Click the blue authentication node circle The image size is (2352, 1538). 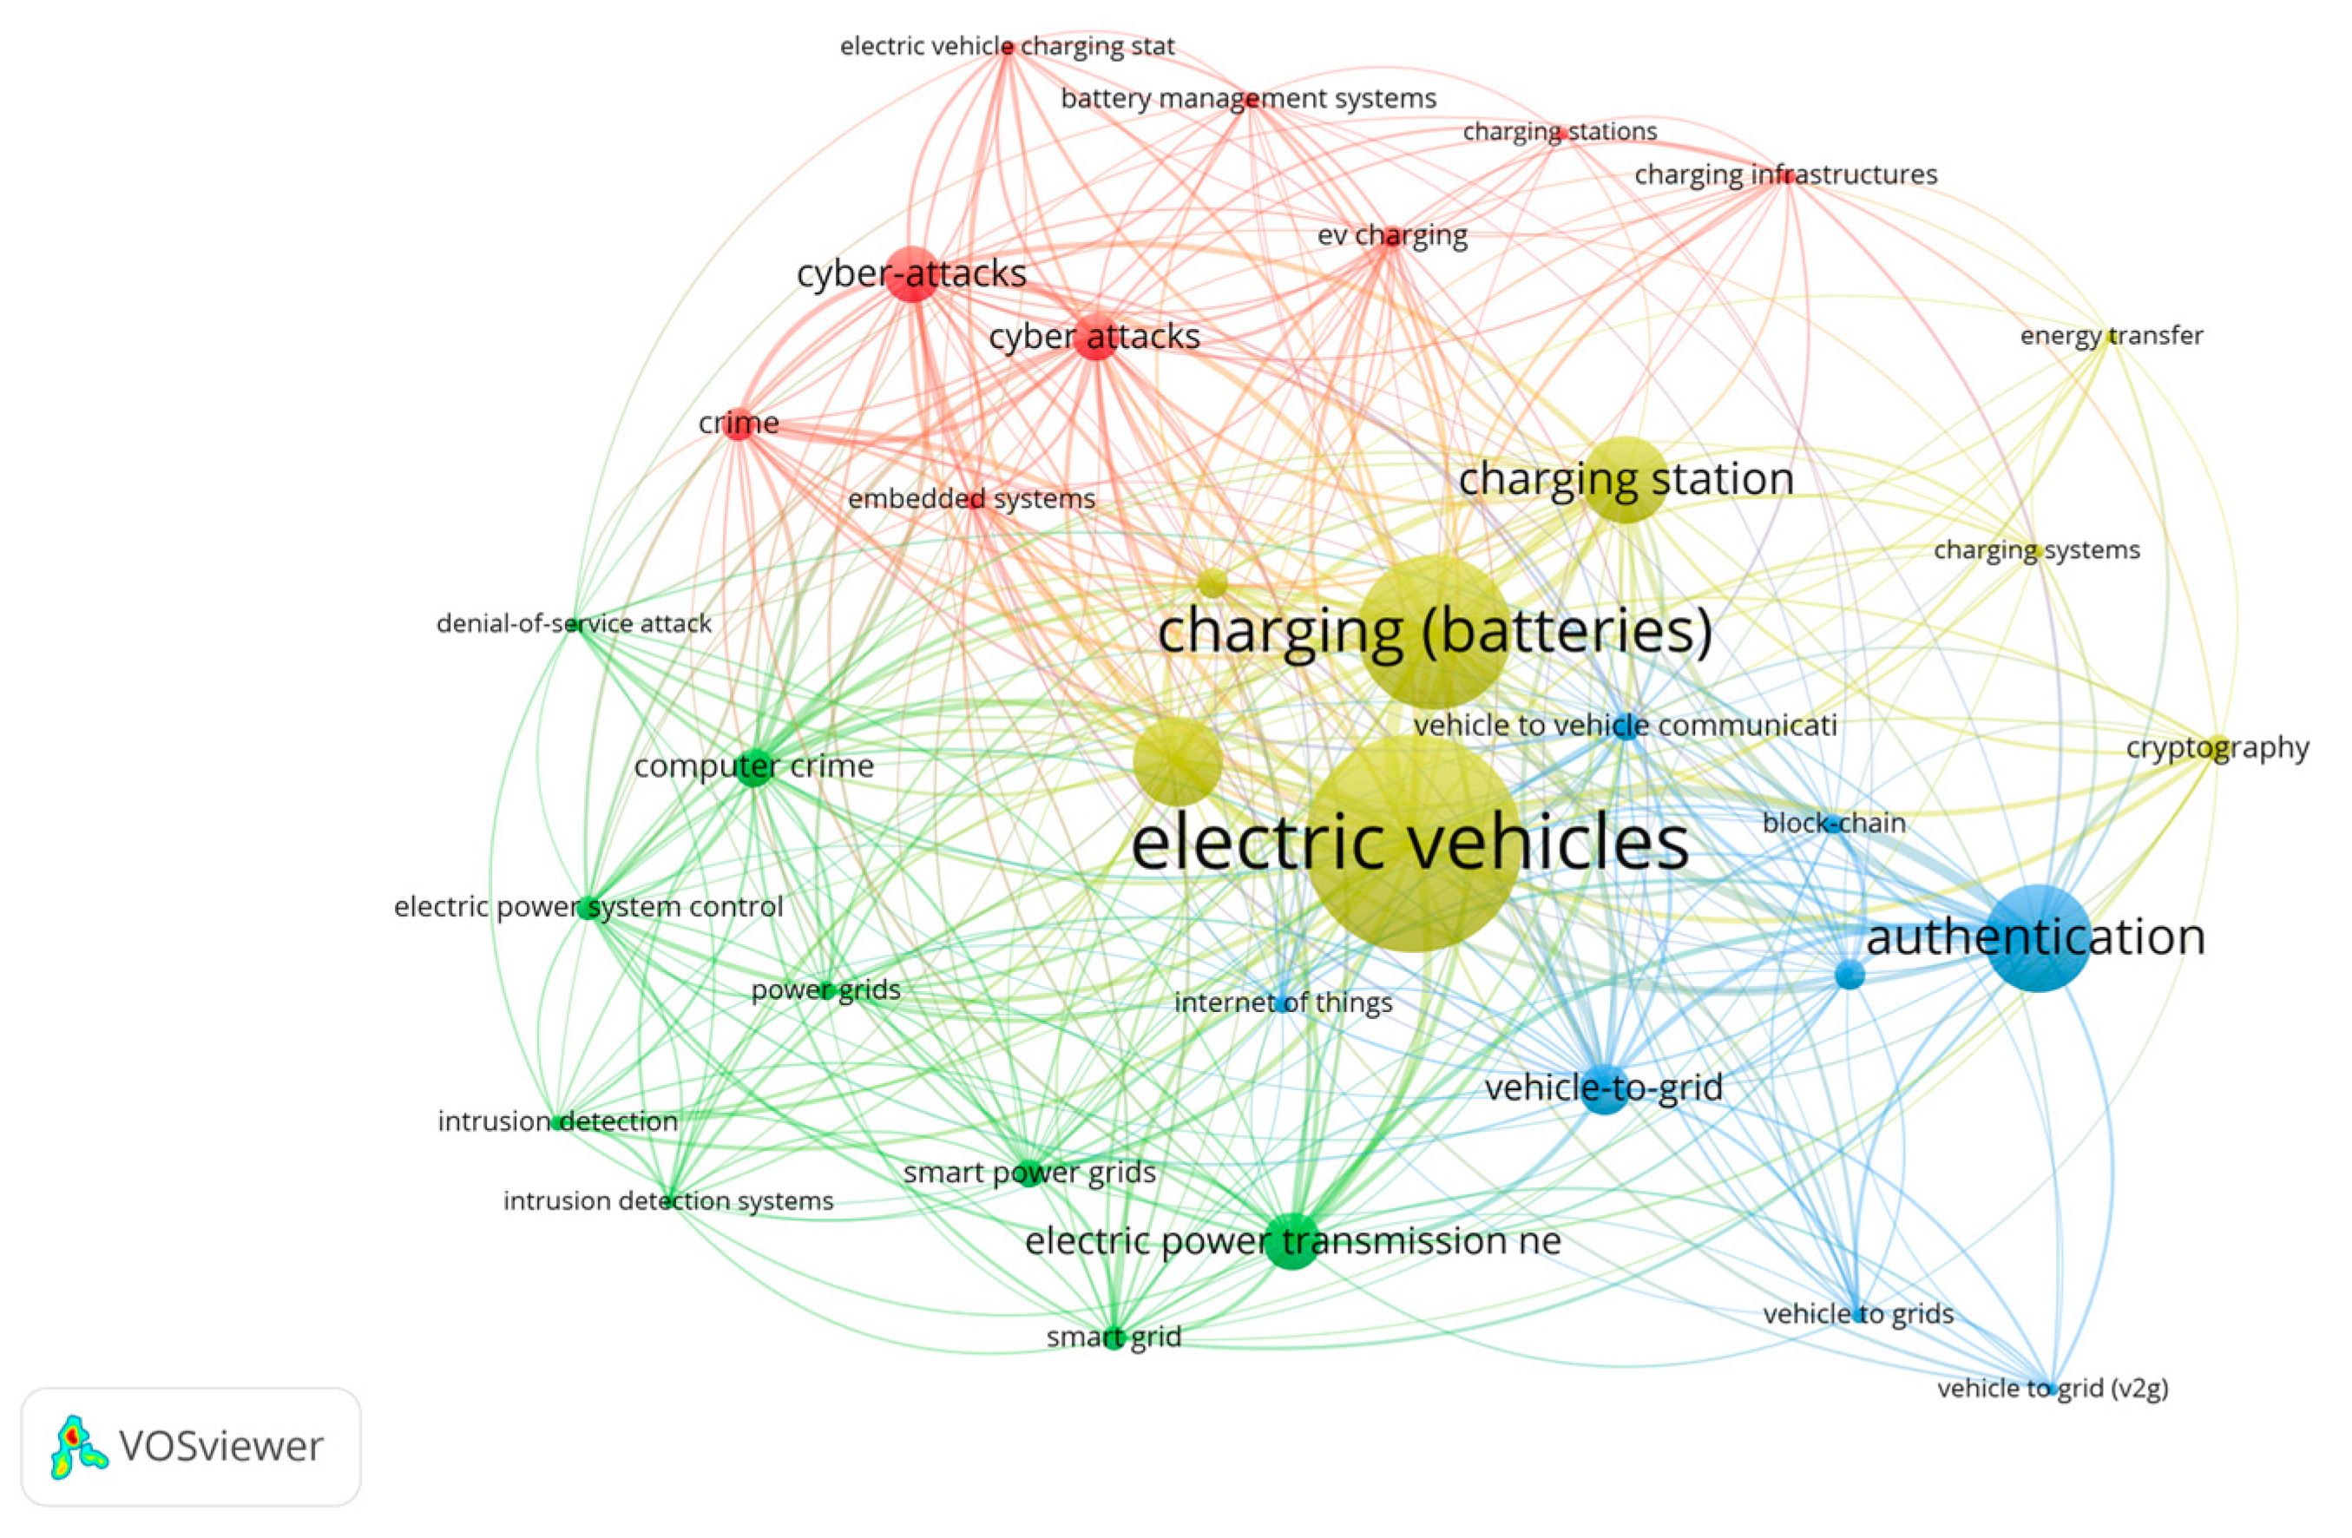pos(2039,938)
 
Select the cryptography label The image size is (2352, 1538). pos(2217,748)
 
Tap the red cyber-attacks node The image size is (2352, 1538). pos(912,273)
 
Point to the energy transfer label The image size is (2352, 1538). pos(2111,336)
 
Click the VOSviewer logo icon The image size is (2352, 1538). pos(78,1446)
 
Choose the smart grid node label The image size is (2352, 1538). pos(1114,1338)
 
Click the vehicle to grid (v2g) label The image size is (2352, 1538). pos(2053,1389)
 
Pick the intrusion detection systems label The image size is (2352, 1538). pos(668,1201)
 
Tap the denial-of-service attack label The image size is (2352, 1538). pos(573,624)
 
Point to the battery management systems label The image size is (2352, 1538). pos(1248,99)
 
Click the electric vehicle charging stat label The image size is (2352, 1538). pos(1007,47)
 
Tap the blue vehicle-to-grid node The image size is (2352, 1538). pos(1605,1089)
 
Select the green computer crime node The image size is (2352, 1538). pos(754,767)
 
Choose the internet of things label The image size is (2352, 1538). pos(1283,1002)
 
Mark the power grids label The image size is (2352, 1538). pos(825,989)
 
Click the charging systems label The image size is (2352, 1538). pos(2036,549)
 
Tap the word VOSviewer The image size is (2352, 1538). pos(220,1446)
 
